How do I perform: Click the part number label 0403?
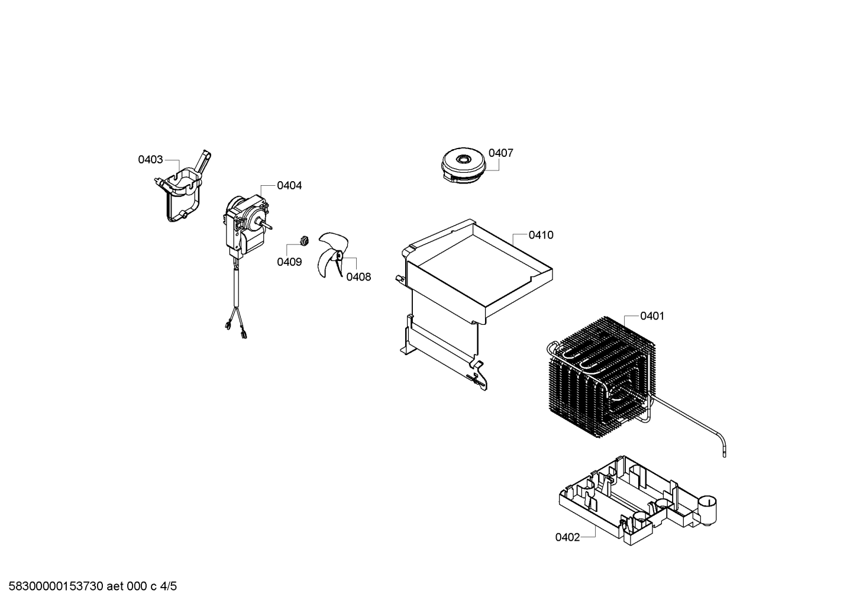150,160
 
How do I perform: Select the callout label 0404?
289,185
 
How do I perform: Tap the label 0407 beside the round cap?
501,153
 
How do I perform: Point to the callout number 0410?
541,235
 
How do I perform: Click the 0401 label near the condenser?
652,316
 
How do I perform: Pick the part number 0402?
567,537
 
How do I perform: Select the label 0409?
289,262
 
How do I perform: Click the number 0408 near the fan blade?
358,277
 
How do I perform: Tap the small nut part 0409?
304,241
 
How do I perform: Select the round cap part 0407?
464,167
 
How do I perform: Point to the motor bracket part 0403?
183,186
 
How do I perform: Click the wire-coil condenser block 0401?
601,377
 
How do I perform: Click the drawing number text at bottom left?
92,586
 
